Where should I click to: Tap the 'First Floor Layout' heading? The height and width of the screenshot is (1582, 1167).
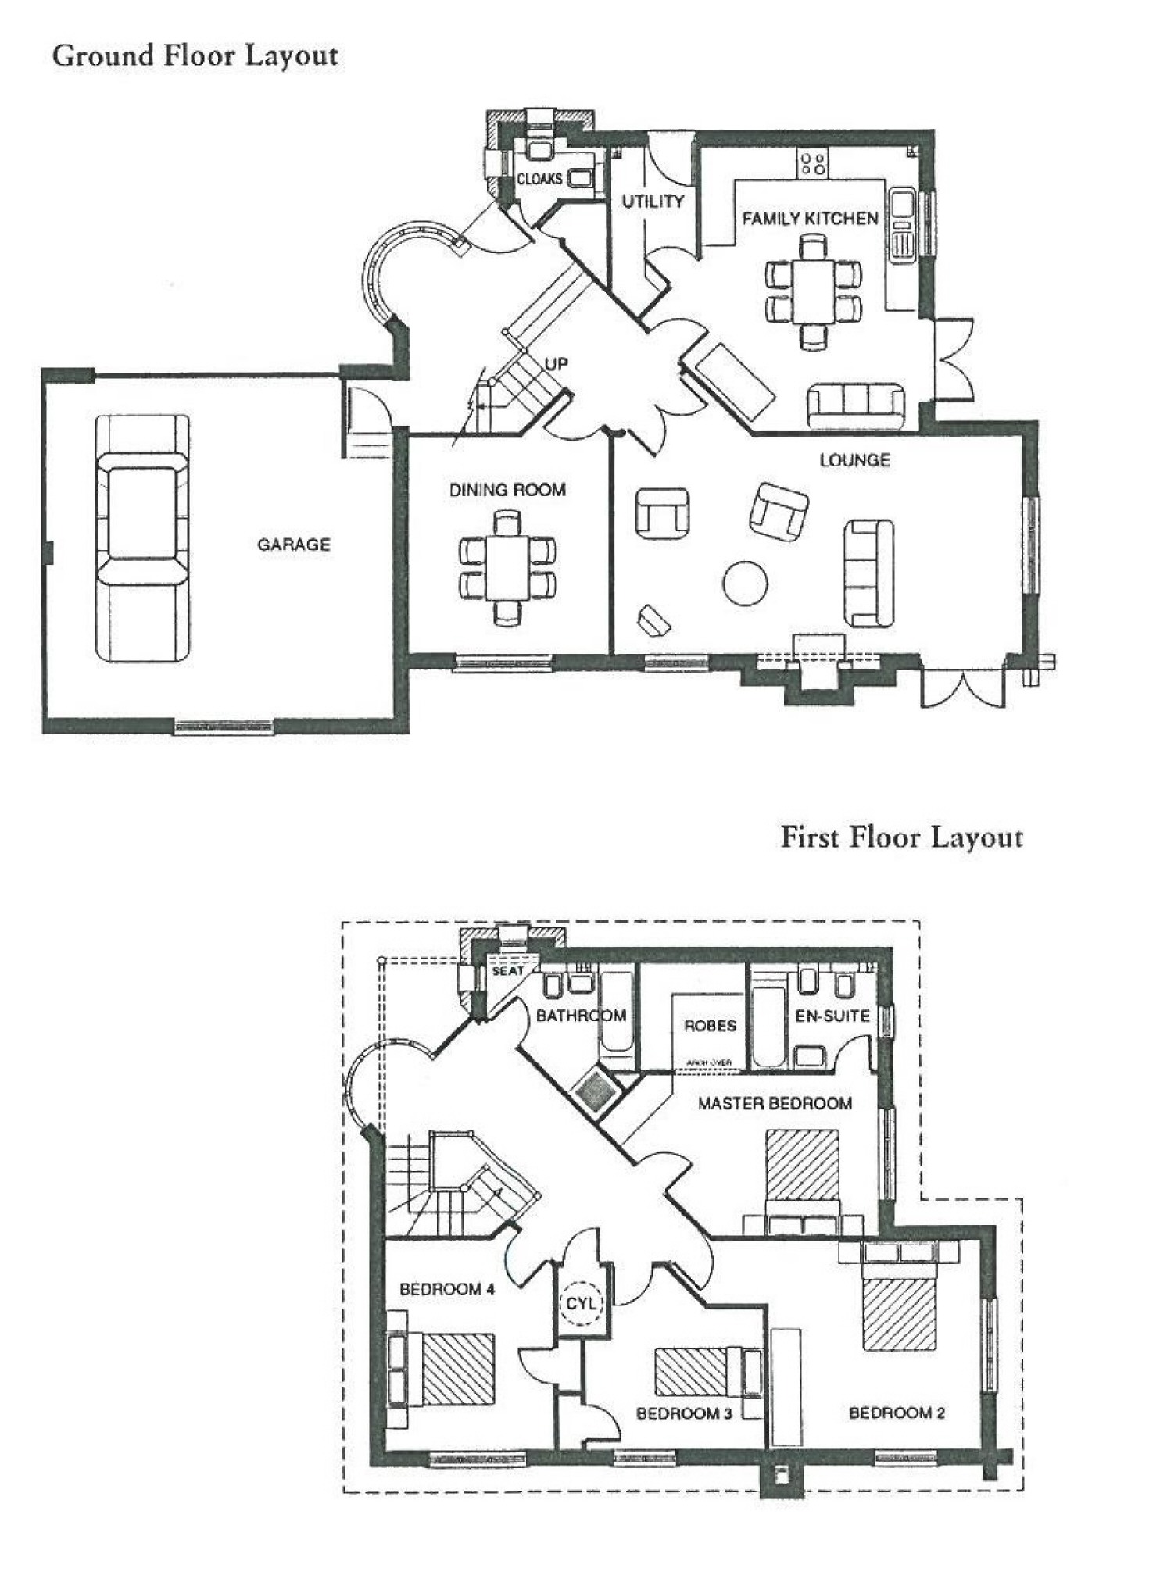901,837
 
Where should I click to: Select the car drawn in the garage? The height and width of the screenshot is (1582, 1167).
142,538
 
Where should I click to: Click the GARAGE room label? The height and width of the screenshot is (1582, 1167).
294,545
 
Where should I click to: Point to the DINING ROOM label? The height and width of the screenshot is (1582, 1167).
507,490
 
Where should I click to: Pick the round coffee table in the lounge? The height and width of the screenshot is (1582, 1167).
744,584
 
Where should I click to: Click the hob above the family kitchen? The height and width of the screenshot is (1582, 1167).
813,163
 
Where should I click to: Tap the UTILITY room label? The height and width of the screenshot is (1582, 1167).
653,202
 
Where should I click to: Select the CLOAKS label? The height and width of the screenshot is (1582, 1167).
539,179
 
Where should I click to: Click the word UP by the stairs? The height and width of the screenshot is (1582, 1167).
556,363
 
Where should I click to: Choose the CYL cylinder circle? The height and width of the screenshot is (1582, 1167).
581,1303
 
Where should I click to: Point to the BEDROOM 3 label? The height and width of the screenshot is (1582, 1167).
684,1412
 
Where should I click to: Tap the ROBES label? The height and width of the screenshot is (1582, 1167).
710,1025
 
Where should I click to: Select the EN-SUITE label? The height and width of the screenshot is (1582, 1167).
832,1016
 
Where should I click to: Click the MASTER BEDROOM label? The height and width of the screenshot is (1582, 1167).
775,1103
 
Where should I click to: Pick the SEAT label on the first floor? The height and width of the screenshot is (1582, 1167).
507,970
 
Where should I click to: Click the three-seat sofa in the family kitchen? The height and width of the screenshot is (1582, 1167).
856,405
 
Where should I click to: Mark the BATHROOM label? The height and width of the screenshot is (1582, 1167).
581,1016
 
